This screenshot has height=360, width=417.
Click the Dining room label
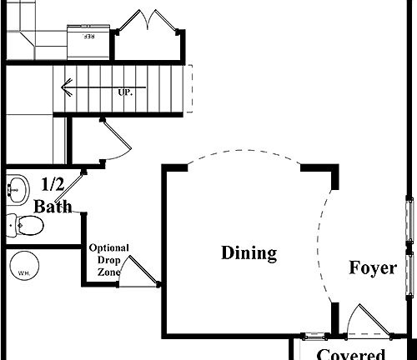pos(249,253)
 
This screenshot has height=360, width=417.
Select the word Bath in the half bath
pos(53,206)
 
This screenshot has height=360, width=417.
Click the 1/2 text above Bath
pos(53,184)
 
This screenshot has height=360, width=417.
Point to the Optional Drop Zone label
pos(109,260)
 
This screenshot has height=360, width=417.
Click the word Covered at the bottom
pos(350,354)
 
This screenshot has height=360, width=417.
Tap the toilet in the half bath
pos(25,224)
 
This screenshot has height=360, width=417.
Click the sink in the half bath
pos(17,188)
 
